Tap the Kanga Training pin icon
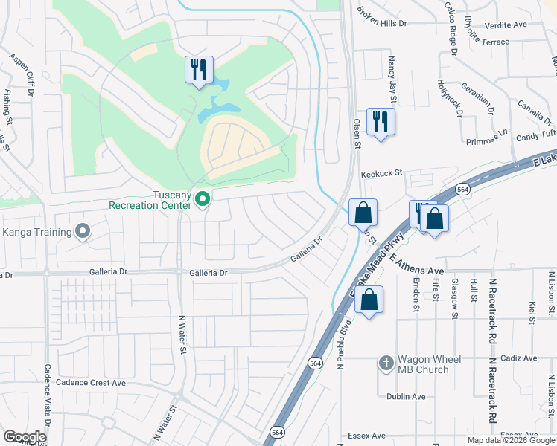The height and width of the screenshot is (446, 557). pyautogui.click(x=82, y=232)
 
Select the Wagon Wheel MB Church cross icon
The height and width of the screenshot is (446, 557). pyautogui.click(x=386, y=363)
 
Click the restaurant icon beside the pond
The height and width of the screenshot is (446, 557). pyautogui.click(x=199, y=70)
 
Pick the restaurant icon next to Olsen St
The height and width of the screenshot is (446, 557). pyautogui.click(x=381, y=121)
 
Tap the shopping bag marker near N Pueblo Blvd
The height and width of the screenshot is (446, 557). pyautogui.click(x=369, y=300)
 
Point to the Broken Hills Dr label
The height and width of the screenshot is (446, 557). pyautogui.click(x=382, y=18)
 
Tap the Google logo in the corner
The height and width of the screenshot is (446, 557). pyautogui.click(x=25, y=437)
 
